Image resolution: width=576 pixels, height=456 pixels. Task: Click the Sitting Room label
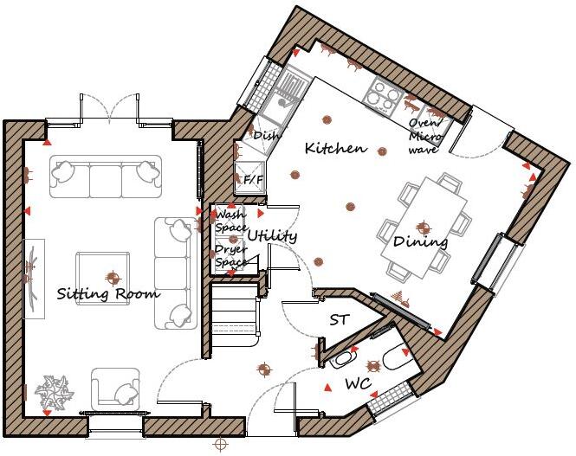[108, 294]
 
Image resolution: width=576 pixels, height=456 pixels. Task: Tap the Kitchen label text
[335, 149]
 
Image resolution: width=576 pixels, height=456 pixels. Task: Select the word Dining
[420, 242]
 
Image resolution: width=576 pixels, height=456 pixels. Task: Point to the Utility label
[272, 235]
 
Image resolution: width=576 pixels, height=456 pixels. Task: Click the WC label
[359, 382]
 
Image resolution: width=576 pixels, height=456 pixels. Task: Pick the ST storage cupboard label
[339, 320]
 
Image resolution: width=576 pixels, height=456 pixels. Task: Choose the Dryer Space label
[231, 256]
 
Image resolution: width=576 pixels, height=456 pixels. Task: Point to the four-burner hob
[380, 94]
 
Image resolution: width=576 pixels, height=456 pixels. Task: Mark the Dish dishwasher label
[264, 135]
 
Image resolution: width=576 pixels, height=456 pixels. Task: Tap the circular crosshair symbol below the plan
[221, 444]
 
